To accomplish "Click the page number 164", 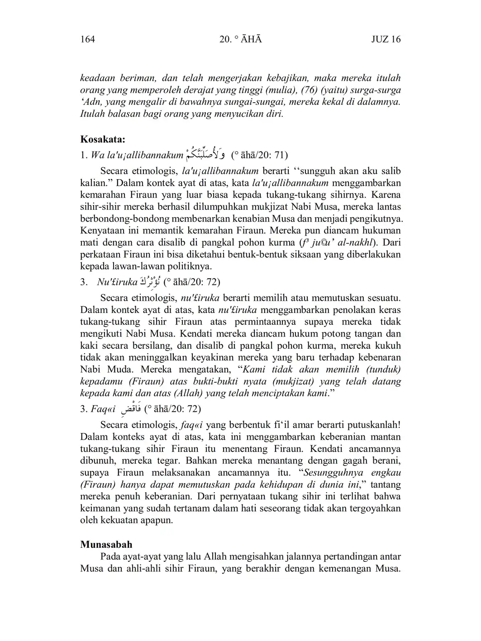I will click(x=87, y=39).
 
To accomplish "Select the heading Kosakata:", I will click(x=103, y=139).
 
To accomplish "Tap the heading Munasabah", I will click(x=106, y=544).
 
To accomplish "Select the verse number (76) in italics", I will click(x=309, y=90).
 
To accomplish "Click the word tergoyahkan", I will click(x=375, y=508).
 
